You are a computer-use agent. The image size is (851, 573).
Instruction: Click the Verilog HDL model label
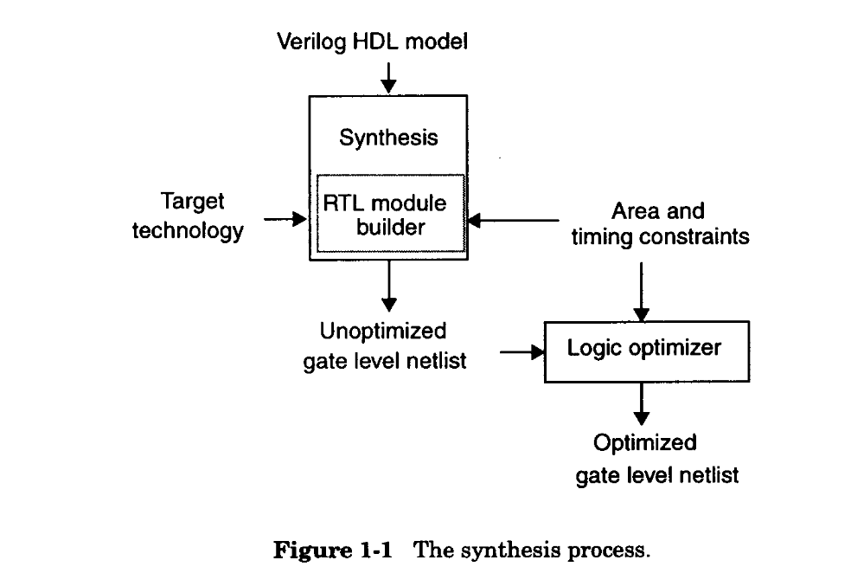tap(372, 41)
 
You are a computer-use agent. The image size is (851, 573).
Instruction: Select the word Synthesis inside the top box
tap(388, 138)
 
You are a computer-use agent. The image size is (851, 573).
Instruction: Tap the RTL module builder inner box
tap(391, 215)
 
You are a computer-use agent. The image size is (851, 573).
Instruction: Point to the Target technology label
tap(187, 216)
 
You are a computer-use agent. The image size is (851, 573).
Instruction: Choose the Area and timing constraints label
tap(659, 223)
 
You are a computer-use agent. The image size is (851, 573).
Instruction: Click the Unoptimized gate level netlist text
tap(384, 345)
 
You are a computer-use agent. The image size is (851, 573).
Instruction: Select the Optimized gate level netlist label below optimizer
tap(656, 459)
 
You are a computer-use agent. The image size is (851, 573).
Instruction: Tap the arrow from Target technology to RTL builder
tap(286, 220)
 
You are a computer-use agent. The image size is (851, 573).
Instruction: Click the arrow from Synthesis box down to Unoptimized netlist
tap(389, 285)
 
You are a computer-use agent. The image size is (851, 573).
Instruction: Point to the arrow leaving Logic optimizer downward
tap(641, 402)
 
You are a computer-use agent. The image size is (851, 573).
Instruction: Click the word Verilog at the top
tap(306, 41)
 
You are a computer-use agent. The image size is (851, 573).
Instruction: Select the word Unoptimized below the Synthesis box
tap(383, 331)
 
